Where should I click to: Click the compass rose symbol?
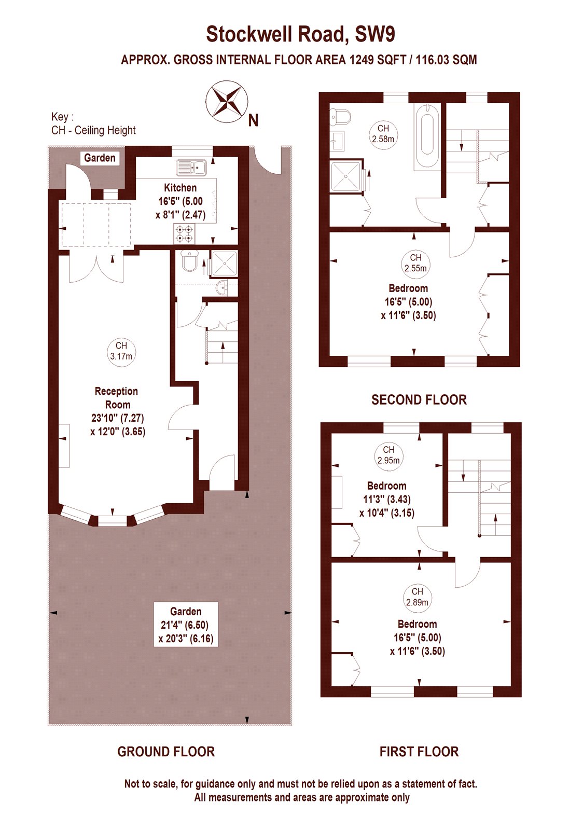[227, 102]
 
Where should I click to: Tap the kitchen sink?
[191, 167]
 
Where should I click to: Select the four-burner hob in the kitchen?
[184, 234]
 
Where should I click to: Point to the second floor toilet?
[340, 116]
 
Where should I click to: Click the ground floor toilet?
[190, 260]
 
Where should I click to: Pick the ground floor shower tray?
[224, 264]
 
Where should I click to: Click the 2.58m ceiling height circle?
[383, 134]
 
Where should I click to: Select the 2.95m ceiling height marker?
[388, 455]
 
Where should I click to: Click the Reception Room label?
[116, 397]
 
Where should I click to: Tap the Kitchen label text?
[181, 187]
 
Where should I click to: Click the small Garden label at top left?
[100, 158]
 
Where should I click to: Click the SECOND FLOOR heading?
[419, 400]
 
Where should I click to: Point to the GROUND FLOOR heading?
[166, 752]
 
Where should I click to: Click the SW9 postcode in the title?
[375, 34]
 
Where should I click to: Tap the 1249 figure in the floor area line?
[362, 60]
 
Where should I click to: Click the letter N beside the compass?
[254, 120]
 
